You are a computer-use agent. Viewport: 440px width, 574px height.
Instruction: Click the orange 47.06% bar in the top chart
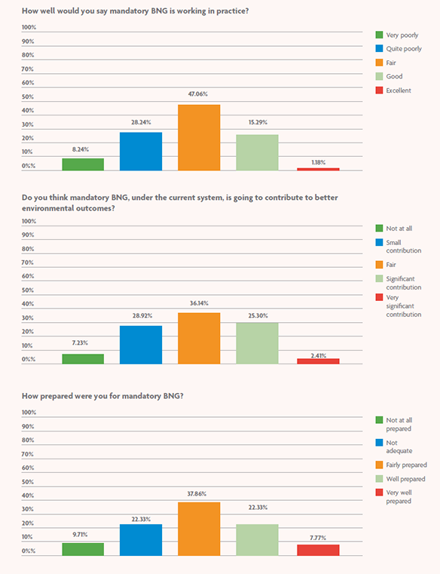coord(199,137)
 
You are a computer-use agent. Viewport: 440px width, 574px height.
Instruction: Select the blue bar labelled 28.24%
coord(141,151)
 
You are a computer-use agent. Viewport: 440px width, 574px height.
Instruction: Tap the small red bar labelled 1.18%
coord(318,169)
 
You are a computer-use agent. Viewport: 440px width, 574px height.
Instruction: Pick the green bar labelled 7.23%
coord(83,359)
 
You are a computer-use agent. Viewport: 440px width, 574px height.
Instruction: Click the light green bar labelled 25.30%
coord(257,343)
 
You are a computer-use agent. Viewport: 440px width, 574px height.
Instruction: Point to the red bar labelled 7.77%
coord(318,550)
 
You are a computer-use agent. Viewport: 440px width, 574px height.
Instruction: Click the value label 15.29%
coord(257,122)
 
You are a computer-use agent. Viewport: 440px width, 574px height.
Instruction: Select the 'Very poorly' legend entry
coord(402,35)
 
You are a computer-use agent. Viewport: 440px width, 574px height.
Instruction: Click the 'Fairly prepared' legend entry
coord(405,465)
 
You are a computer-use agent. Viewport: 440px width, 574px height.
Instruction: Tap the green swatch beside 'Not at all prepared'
coord(379,419)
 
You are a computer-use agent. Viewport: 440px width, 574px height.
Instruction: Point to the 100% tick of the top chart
coord(29,27)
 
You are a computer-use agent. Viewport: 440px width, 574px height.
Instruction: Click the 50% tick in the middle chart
coord(29,290)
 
